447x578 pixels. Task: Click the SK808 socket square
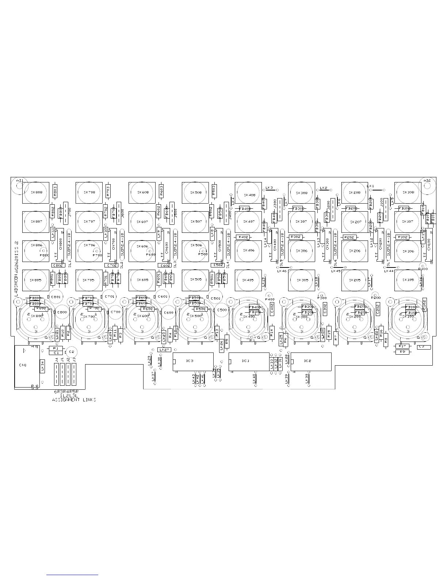(35, 193)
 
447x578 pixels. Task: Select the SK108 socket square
(408, 193)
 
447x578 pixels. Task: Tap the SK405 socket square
(248, 280)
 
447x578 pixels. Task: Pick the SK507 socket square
(195, 221)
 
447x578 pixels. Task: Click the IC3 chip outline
(193, 361)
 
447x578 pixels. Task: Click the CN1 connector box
(26, 366)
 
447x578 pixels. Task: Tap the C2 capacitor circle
(71, 352)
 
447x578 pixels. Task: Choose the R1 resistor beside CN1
(56, 348)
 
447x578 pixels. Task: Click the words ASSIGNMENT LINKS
(74, 400)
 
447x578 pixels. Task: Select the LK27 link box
(164, 350)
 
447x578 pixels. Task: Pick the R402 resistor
(243, 237)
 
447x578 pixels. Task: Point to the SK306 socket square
(301, 251)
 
